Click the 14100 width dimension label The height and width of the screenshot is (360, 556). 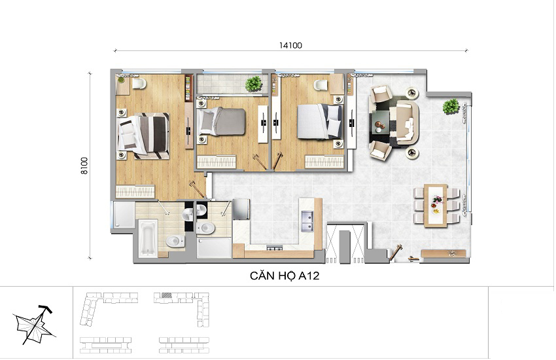[290, 45]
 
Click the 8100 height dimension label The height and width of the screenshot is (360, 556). [84, 166]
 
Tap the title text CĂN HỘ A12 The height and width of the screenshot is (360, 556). [285, 276]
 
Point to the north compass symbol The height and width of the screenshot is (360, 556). [34, 325]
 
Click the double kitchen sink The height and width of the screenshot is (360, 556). [307, 221]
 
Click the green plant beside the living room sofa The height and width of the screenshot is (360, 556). [451, 107]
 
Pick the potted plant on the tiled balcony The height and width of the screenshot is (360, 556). [253, 84]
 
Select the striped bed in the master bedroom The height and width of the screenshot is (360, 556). [143, 135]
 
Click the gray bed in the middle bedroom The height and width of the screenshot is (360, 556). [222, 121]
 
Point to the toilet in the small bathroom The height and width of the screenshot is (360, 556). [205, 228]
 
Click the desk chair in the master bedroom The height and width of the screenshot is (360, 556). [139, 83]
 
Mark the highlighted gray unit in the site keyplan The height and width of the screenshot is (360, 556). [166, 295]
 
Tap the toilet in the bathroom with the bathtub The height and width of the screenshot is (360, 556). [175, 241]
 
